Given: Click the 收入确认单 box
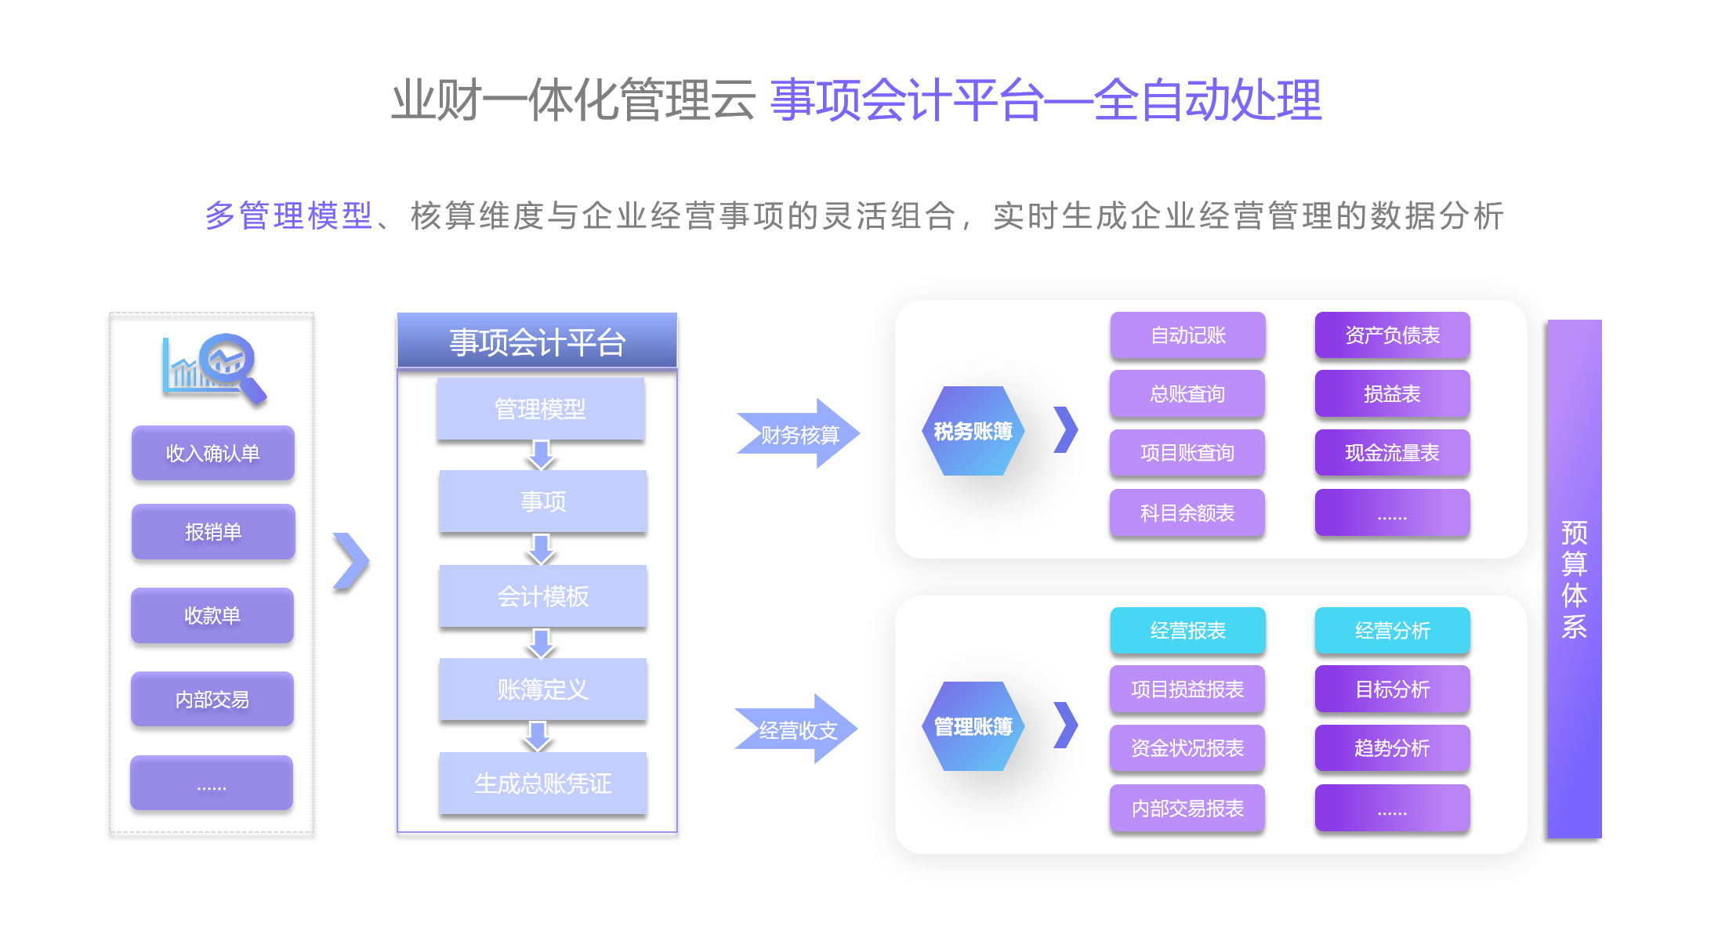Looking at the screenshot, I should (x=212, y=453).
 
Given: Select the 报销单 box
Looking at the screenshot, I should (x=212, y=532).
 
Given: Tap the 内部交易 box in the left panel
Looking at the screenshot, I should (x=212, y=699).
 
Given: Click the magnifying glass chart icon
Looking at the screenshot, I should (x=215, y=367).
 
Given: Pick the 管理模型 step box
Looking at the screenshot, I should (x=540, y=408).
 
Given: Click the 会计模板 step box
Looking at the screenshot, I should (x=542, y=596).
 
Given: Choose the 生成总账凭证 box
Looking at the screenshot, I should (x=542, y=783).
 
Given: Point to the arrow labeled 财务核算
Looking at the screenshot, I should (x=798, y=434).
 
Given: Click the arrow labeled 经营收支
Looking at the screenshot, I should (x=796, y=729).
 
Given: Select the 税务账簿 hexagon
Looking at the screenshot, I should (x=973, y=431).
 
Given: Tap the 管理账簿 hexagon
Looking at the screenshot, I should (x=973, y=726).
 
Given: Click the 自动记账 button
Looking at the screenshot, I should (x=1187, y=335).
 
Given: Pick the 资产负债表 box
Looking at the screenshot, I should (x=1392, y=335).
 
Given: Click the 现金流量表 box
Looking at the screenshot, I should (x=1392, y=453).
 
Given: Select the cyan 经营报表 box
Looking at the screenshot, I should (x=1187, y=631).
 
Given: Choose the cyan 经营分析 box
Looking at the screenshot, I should (x=1392, y=631).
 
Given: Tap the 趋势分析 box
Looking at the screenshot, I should (x=1392, y=748).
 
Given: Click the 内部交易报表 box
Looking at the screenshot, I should (x=1187, y=808).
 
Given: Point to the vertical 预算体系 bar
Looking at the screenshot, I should (x=1574, y=579).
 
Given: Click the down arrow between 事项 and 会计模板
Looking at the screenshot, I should (x=542, y=549).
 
